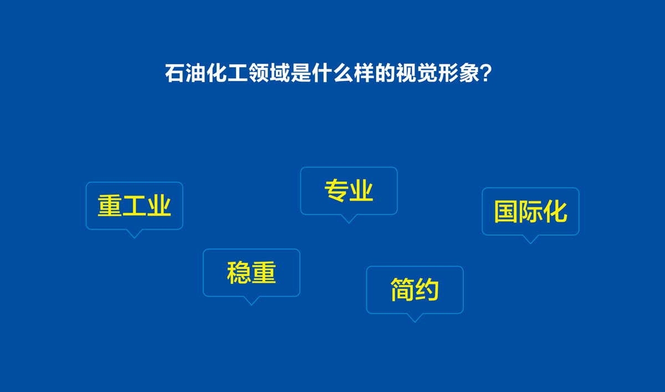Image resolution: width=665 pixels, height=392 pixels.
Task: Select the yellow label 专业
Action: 349,191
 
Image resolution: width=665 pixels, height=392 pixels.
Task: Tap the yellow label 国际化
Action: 530,212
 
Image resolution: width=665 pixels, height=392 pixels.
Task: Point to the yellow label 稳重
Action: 251,273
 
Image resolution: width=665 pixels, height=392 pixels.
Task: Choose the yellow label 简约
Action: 415,290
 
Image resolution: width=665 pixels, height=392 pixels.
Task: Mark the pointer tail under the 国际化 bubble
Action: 530,239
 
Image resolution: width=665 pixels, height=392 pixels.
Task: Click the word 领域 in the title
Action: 261,74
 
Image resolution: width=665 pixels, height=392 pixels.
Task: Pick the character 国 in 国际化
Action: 506,212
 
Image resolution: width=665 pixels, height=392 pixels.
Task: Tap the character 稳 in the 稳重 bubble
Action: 239,273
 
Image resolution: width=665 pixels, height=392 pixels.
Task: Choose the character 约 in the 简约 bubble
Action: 427,290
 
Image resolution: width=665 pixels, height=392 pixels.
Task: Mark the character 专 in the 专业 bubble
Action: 336,191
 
